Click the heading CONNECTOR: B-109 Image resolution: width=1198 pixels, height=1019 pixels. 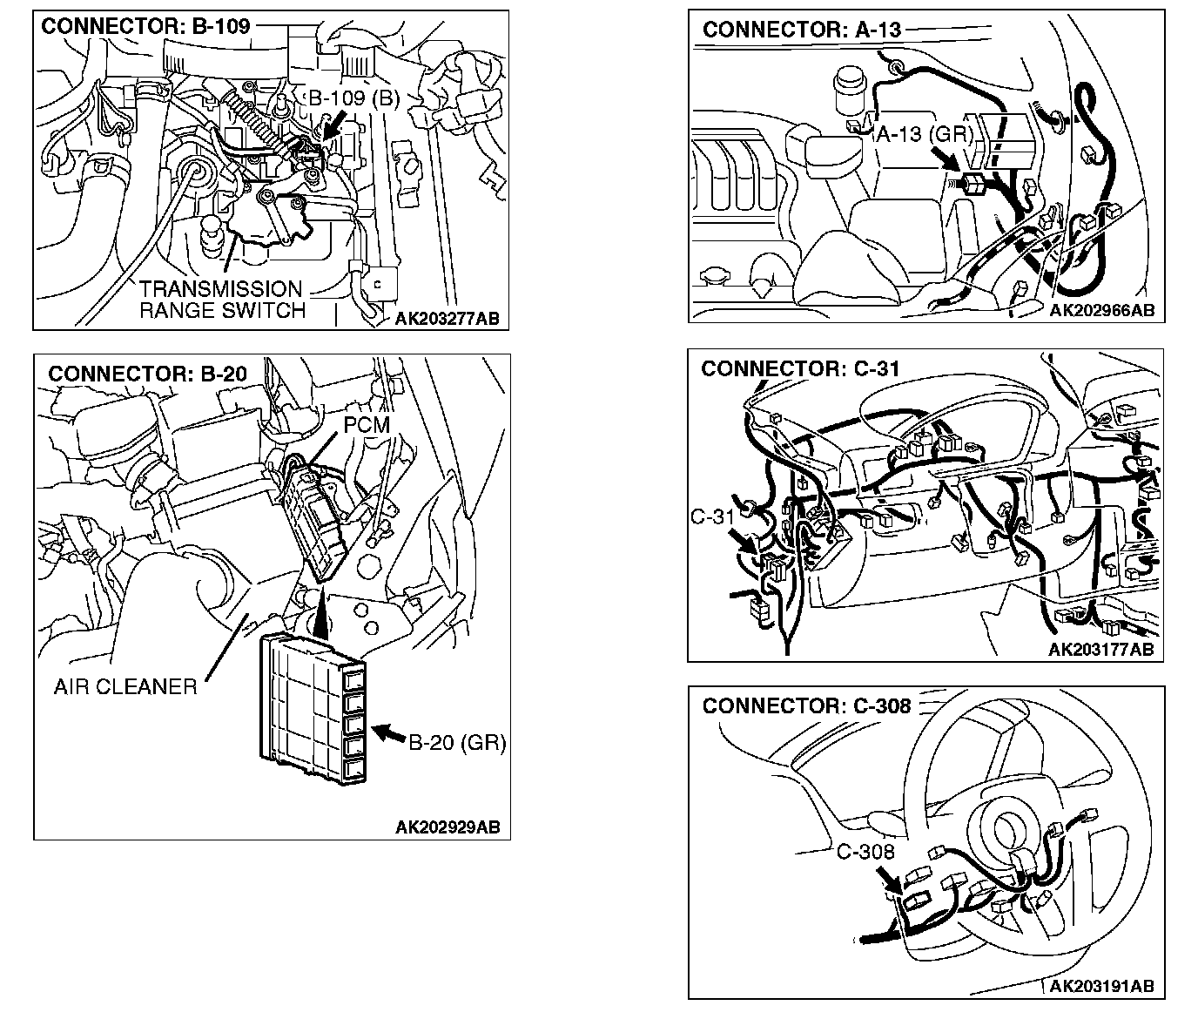click(x=145, y=26)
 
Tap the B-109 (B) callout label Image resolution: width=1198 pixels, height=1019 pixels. click(x=353, y=98)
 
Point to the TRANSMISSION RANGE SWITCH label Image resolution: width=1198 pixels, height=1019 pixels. click(x=221, y=300)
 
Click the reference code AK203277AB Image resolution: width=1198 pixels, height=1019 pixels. click(x=447, y=319)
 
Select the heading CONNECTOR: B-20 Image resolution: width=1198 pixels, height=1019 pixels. click(x=147, y=374)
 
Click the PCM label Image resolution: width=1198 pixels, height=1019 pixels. click(x=367, y=424)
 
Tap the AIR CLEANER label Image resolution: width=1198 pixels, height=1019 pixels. click(x=125, y=686)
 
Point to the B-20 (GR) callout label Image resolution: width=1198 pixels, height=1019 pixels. click(x=457, y=742)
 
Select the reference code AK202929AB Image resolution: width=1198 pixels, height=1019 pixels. click(x=448, y=827)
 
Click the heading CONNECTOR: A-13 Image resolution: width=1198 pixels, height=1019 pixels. click(x=802, y=30)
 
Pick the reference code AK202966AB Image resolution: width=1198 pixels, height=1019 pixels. click(x=1102, y=310)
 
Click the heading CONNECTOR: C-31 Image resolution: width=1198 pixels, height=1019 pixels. click(x=800, y=368)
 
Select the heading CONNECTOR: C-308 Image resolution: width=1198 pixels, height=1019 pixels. click(x=806, y=705)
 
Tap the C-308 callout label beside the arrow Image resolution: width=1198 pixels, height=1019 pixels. click(x=865, y=852)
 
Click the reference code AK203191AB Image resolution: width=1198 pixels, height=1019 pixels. click(x=1101, y=986)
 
